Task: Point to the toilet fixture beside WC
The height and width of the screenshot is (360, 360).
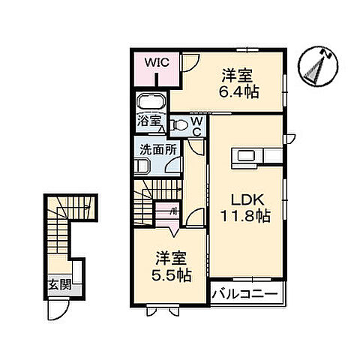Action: tap(178, 124)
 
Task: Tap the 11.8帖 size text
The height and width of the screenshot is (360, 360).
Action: tap(244, 215)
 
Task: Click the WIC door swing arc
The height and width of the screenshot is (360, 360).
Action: tap(190, 63)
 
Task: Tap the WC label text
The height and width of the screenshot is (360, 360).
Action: tap(195, 126)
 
